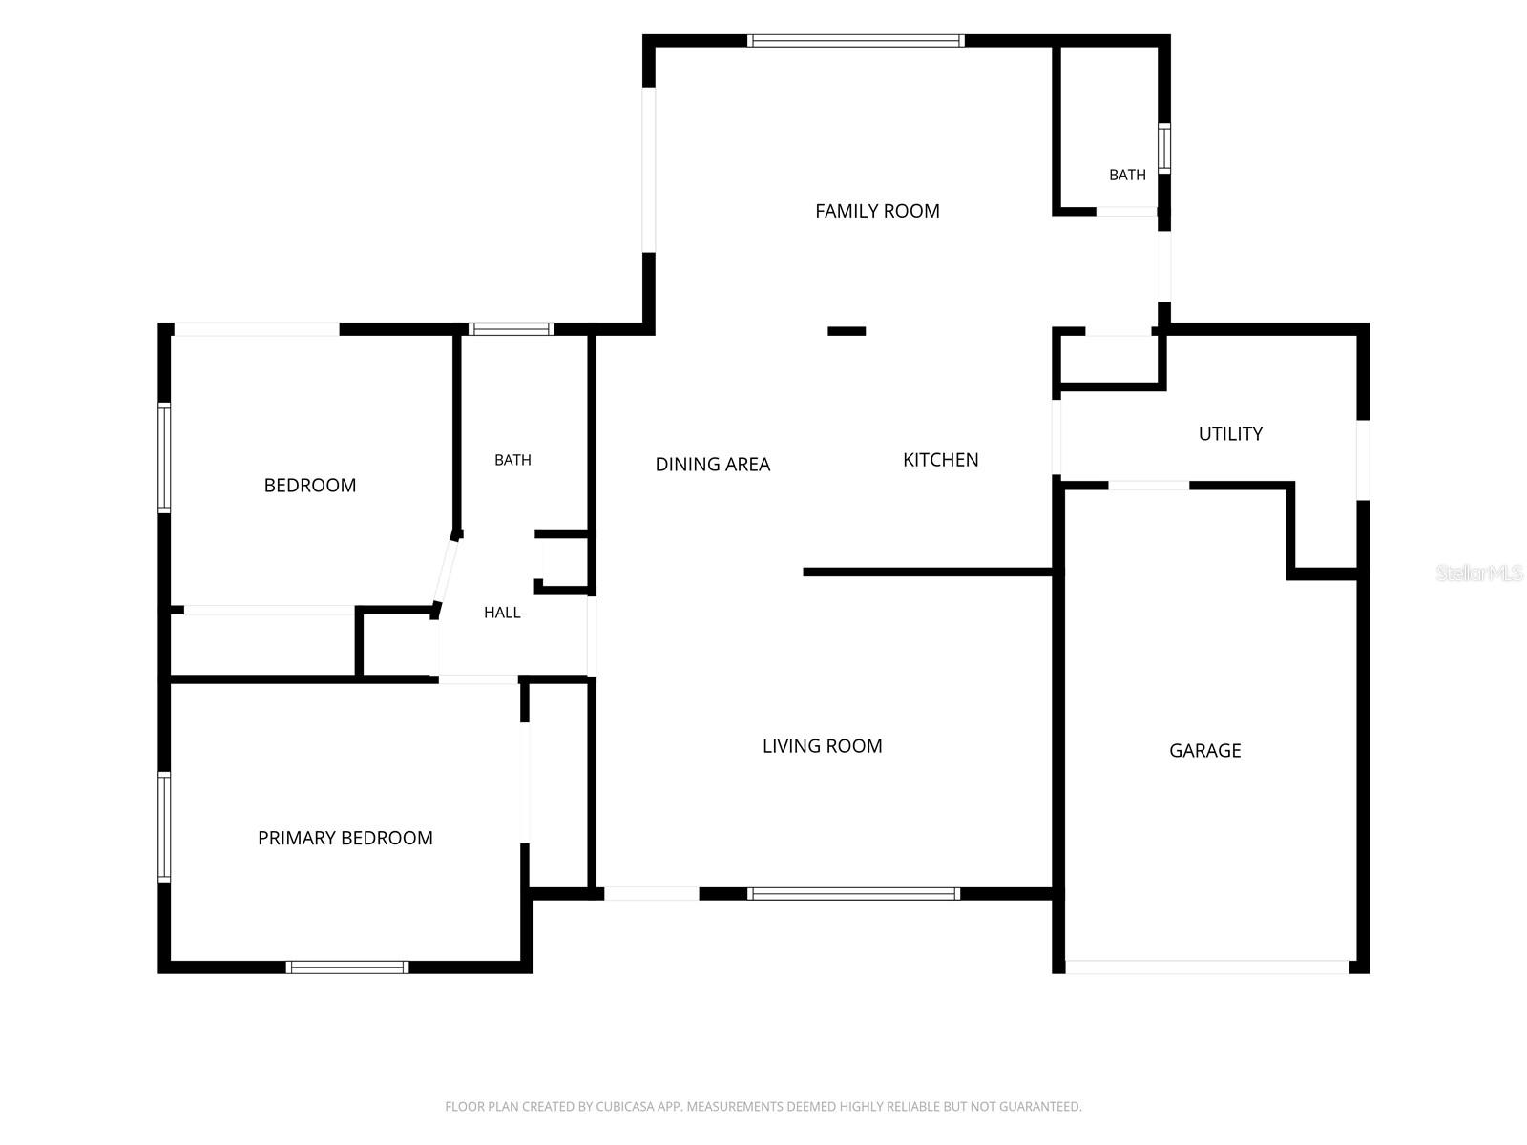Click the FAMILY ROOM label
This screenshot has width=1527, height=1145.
(876, 211)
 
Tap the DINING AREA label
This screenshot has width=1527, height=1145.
(712, 465)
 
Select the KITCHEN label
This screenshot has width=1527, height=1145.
(941, 460)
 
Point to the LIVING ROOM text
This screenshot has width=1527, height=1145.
(823, 746)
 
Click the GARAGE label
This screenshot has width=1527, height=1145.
(1205, 750)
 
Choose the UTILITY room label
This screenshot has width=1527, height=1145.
(1230, 434)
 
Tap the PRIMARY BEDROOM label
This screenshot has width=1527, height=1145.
(345, 838)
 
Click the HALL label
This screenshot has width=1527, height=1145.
(502, 613)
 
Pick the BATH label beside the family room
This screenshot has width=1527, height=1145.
(1127, 176)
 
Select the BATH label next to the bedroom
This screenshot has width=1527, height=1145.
(512, 460)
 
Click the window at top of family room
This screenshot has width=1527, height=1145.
(856, 41)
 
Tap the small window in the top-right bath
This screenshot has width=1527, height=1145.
(1163, 148)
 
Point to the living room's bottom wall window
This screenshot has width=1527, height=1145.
(853, 894)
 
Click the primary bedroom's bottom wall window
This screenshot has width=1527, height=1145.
(347, 967)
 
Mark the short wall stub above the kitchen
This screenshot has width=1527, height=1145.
(847, 332)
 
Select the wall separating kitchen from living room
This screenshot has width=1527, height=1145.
(928, 572)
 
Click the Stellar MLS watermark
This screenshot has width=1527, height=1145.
(1479, 572)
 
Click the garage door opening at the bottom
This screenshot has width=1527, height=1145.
(1207, 967)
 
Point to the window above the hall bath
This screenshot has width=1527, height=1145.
(512, 329)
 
